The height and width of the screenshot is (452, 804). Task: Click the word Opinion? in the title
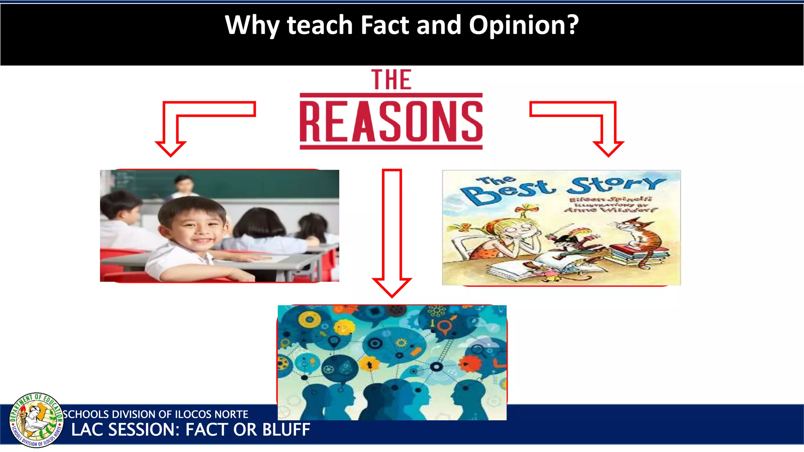click(524, 25)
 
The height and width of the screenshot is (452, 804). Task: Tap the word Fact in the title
click(384, 25)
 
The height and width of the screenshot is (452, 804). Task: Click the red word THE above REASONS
click(391, 80)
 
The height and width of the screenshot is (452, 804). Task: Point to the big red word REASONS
click(391, 121)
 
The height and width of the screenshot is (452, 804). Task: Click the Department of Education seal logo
click(36, 420)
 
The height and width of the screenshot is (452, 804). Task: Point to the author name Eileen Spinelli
click(610, 199)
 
